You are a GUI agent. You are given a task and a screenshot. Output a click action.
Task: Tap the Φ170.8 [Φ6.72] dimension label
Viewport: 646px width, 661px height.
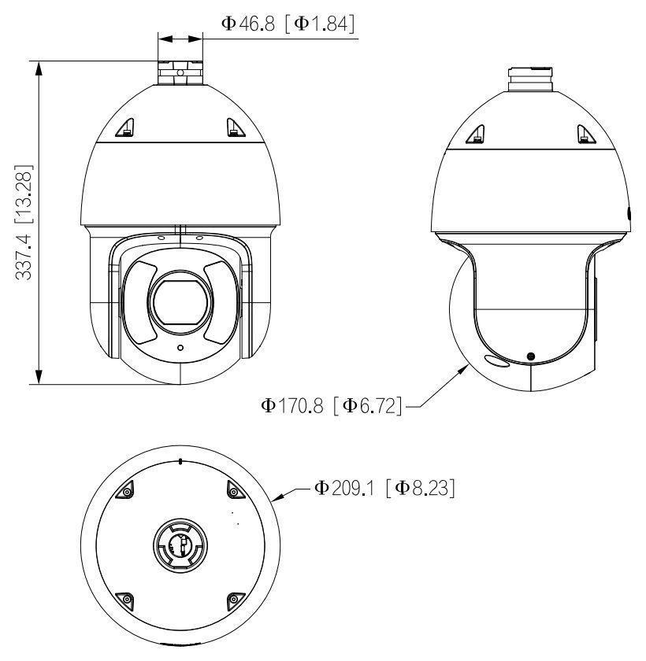tap(331, 406)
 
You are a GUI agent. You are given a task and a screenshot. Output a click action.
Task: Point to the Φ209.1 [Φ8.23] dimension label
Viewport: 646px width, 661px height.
tap(386, 489)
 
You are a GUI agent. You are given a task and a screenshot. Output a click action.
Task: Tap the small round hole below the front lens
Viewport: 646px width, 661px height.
tap(180, 347)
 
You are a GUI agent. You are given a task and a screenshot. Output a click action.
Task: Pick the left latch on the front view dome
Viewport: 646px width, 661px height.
tap(127, 127)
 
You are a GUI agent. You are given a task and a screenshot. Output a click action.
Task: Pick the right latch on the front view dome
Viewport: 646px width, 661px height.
tap(232, 127)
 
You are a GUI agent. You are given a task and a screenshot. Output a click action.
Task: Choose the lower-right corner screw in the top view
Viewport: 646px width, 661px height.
tap(233, 600)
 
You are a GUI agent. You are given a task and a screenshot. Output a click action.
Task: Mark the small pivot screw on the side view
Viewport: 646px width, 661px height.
tap(530, 357)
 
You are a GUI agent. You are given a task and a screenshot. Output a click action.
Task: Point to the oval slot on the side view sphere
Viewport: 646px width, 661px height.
tap(496, 361)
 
